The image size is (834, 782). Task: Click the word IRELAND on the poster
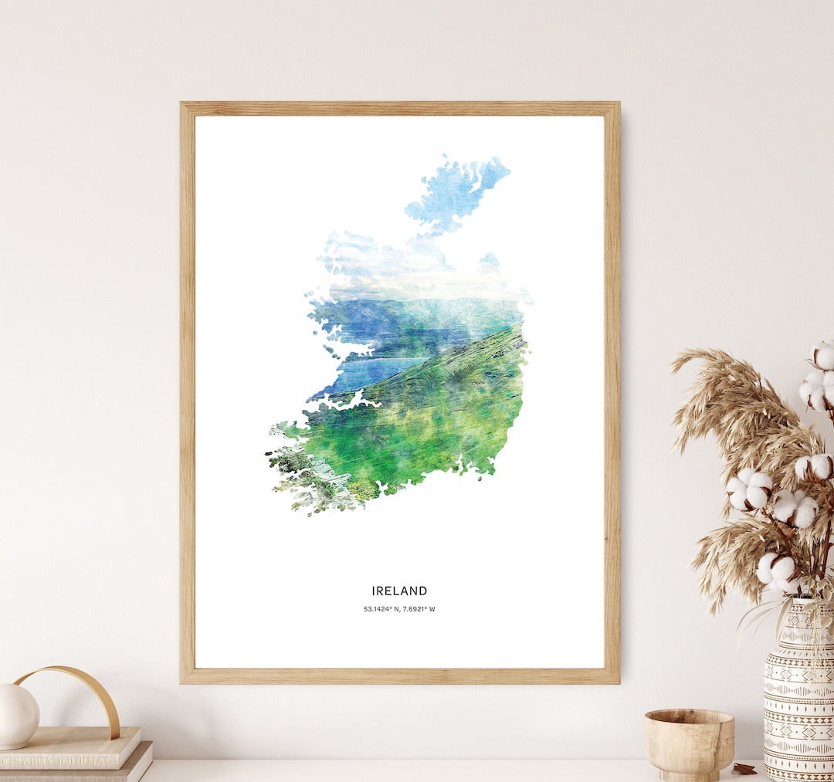[x=399, y=591]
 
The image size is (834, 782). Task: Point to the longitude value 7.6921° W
[x=420, y=610]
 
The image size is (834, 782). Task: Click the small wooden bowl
[x=690, y=742]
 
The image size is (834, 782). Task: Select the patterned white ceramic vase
[x=798, y=695]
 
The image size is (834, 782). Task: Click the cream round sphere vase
[x=17, y=716]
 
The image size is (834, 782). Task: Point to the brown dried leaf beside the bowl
[x=744, y=768]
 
